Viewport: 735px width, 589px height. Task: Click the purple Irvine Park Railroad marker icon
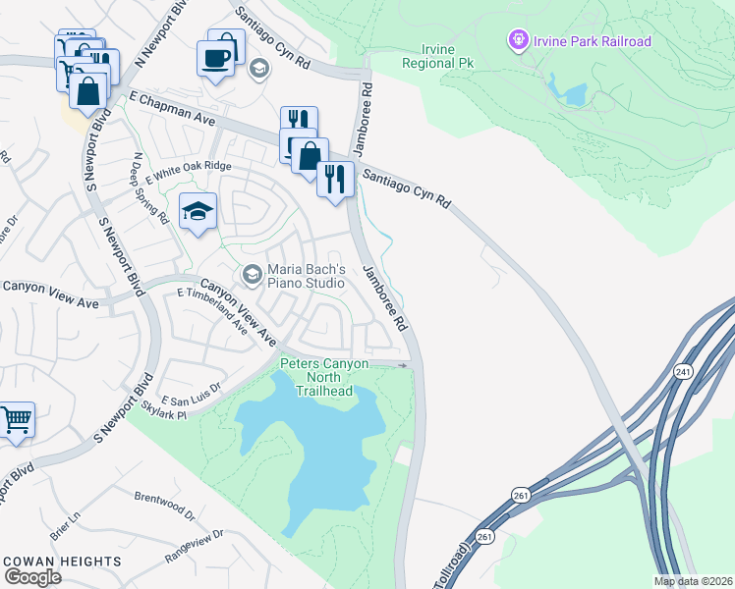518,40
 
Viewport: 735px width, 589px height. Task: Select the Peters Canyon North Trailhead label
324,377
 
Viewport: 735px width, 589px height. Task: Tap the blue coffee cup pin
216,57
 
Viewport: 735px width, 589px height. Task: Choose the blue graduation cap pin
198,211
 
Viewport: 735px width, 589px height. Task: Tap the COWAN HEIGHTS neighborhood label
63,562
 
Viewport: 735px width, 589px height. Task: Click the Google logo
32,577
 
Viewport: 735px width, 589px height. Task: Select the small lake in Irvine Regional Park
574,94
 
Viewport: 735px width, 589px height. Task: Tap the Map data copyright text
693,581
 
